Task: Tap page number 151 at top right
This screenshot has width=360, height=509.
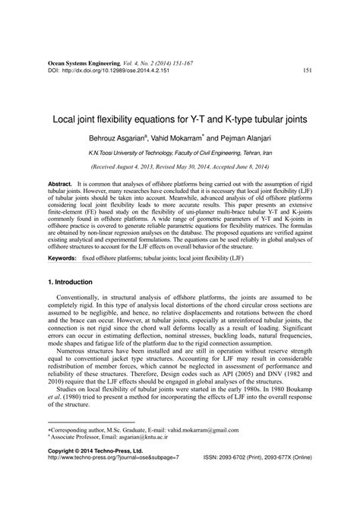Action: click(x=306, y=71)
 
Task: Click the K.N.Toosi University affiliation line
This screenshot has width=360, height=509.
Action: click(x=179, y=152)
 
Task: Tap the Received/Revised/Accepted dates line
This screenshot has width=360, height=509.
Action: click(x=179, y=166)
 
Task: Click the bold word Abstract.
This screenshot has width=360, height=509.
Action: click(x=60, y=185)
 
